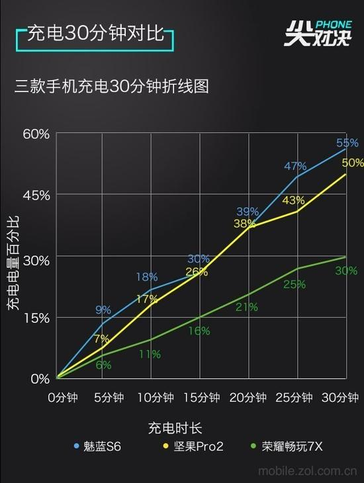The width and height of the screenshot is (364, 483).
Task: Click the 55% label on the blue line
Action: point(347,143)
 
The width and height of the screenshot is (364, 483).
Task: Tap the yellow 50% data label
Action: point(352,163)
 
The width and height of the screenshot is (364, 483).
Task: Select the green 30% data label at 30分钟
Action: point(346,271)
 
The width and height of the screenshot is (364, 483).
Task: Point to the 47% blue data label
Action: point(295,166)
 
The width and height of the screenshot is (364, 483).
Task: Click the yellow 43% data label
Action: point(293,200)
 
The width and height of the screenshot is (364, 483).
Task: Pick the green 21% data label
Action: point(246,307)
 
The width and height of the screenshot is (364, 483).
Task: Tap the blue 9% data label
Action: point(103,310)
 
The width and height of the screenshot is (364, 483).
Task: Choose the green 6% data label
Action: point(103,365)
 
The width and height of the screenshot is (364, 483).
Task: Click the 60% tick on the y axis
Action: point(36,134)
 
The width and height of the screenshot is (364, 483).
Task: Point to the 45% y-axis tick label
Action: point(36,195)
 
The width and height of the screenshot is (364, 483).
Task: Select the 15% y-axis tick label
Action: point(36,318)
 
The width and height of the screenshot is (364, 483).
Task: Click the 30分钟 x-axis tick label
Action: point(340,398)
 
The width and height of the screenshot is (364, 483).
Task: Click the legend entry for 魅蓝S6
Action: point(97,447)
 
